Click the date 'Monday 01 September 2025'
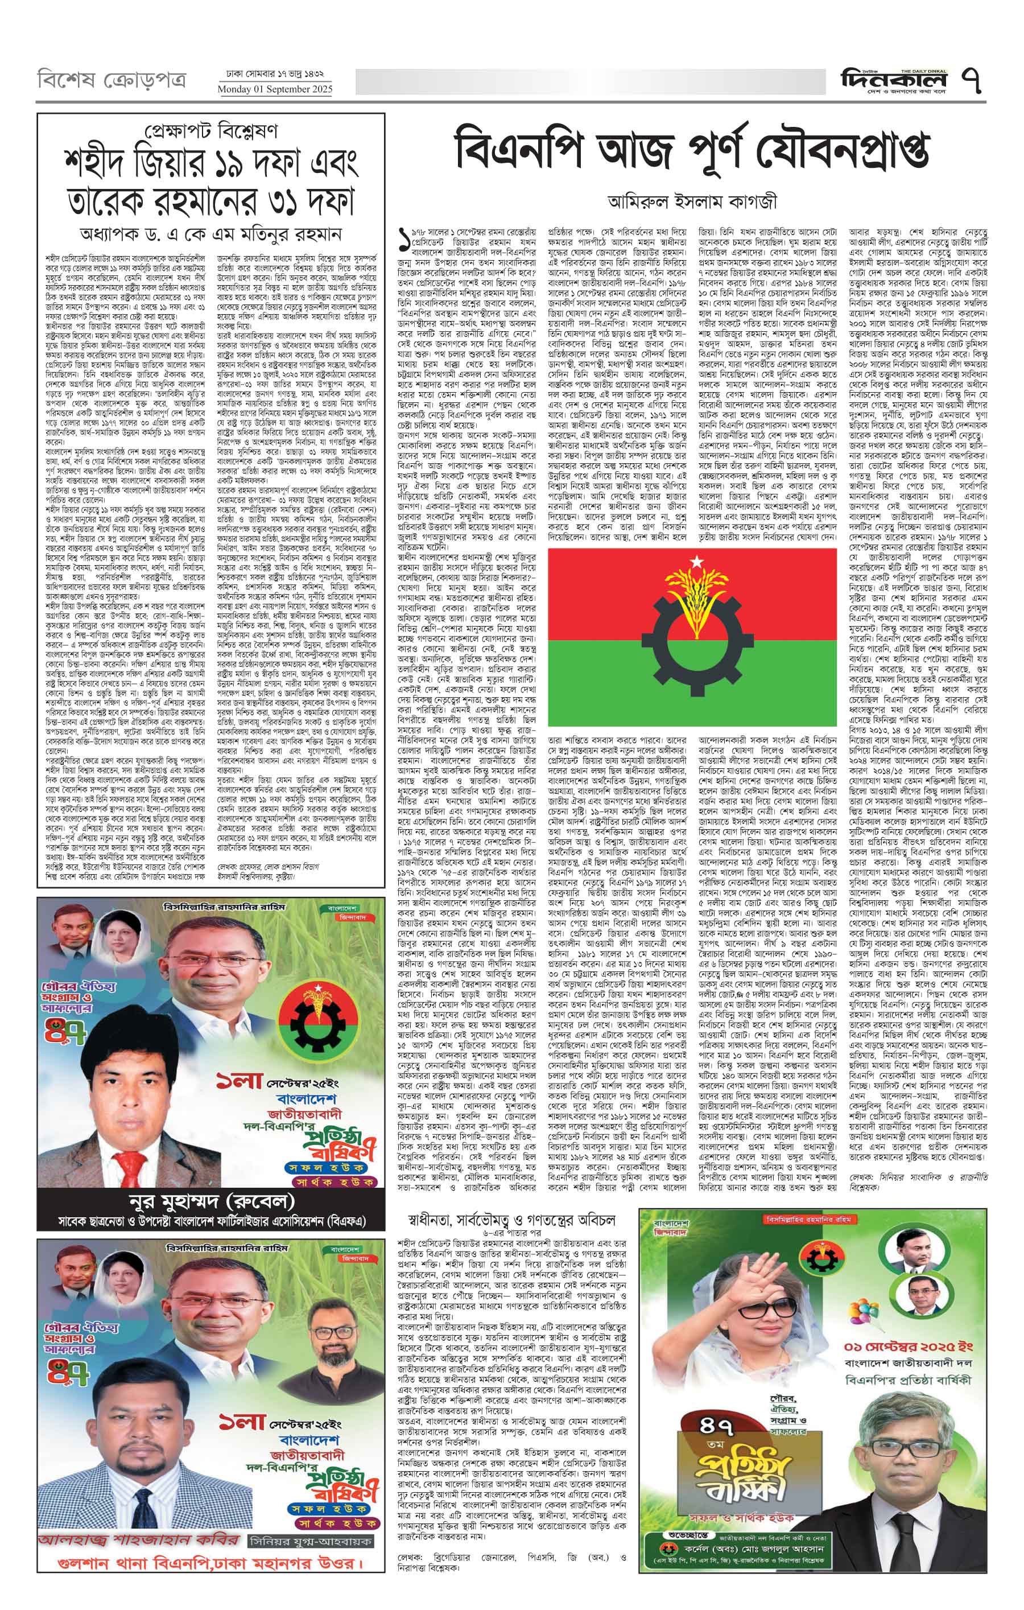pos(275,89)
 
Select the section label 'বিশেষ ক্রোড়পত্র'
pos(112,81)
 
